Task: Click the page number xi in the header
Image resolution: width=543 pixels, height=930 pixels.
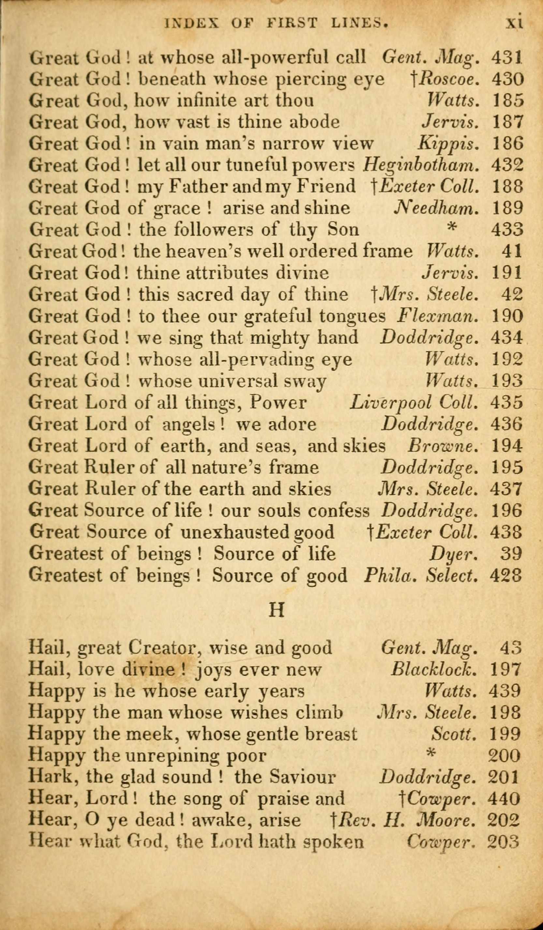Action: (514, 23)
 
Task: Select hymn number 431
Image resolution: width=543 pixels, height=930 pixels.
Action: (506, 57)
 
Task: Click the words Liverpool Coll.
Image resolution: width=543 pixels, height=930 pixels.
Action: (415, 403)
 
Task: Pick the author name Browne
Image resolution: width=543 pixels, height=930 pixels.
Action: (443, 446)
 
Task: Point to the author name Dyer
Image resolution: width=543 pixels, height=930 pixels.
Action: (453, 554)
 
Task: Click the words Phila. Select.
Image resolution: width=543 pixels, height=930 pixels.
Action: (421, 575)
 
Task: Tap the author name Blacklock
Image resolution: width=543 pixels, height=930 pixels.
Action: (434, 669)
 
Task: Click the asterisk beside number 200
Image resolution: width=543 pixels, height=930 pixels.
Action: (429, 754)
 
